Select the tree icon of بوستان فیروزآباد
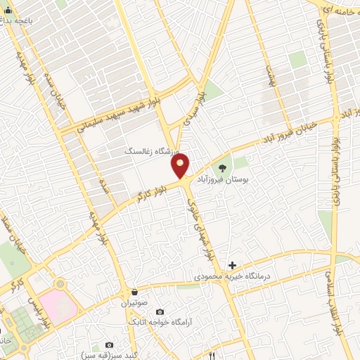pyautogui.click(x=223, y=167)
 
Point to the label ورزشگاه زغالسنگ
pyautogui.click(x=153, y=151)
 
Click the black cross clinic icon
pyautogui.click(x=232, y=265)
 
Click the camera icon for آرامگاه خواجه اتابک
pyautogui.click(x=159, y=311)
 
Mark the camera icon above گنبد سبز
pyautogui.click(x=109, y=345)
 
